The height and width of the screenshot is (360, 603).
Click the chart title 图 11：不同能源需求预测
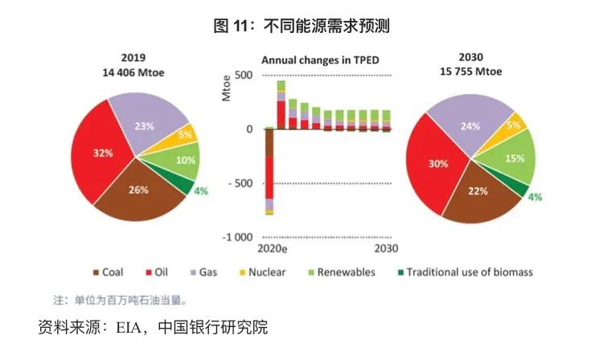[x=301, y=27]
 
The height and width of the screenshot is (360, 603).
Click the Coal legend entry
[x=112, y=272]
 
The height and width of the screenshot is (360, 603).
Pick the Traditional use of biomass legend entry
[x=462, y=272]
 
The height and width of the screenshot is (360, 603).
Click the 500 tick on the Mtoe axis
[x=243, y=75]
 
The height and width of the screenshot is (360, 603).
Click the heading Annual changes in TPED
[x=320, y=60]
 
